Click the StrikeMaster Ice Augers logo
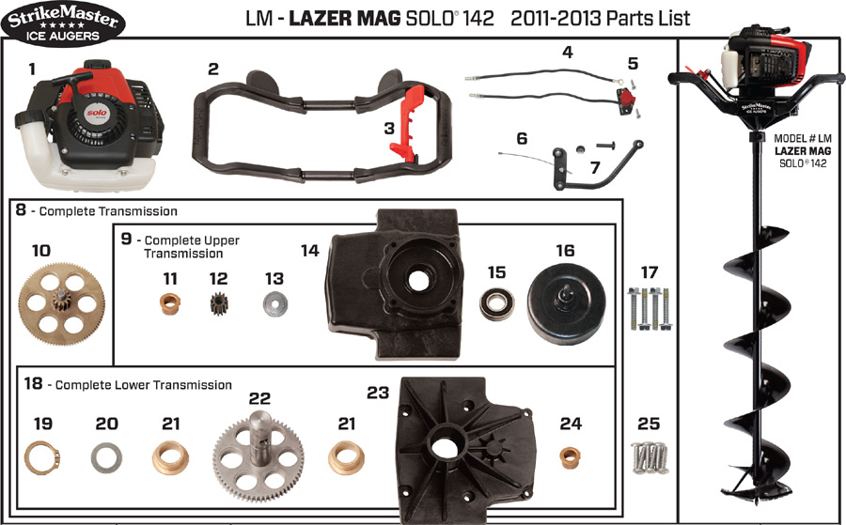63,23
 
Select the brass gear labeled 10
61,304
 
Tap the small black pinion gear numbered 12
219,303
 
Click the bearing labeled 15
497,303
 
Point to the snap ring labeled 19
42,457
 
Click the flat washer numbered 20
106,458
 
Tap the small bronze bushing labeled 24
570,457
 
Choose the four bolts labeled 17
649,308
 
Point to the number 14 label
309,251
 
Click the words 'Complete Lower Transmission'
144,385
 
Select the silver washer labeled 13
275,303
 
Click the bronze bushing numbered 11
170,303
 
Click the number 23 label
378,393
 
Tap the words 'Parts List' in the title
648,19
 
